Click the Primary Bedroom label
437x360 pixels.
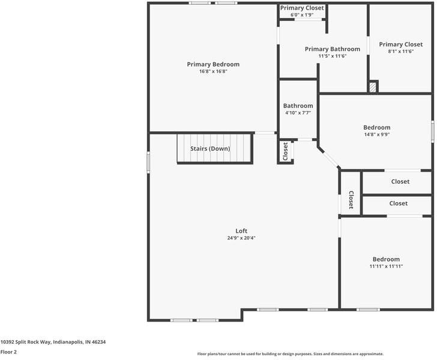tap(213, 64)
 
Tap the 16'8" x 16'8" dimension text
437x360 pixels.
tap(213, 71)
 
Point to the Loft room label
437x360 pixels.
tap(241, 231)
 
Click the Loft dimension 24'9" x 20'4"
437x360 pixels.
tap(241, 238)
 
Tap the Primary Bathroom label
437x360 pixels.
tap(333, 49)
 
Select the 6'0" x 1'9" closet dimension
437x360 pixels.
tap(303, 14)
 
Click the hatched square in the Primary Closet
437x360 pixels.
tap(373, 87)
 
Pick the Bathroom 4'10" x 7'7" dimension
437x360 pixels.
tap(298, 113)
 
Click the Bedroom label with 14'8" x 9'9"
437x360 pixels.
tap(376, 127)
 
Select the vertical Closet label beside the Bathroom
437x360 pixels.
tap(285, 151)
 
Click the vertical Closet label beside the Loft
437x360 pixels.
tap(351, 201)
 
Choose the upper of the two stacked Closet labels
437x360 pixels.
tap(400, 182)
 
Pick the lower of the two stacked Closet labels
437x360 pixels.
tap(398, 203)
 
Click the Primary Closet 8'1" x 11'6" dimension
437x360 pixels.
tap(400, 52)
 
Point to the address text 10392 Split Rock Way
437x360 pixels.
tap(53, 342)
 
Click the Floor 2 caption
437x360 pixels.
tap(8, 352)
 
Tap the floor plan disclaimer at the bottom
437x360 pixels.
tap(291, 354)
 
